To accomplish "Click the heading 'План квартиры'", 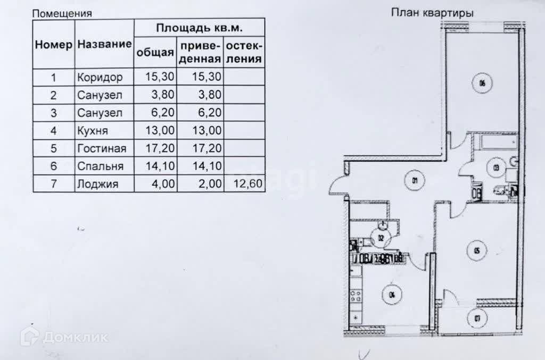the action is pyautogui.click(x=432, y=13).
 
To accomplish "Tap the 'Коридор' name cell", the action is pyautogui.click(x=100, y=77).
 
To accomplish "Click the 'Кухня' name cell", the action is pyautogui.click(x=93, y=130).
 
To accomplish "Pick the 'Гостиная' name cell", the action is pyautogui.click(x=101, y=148).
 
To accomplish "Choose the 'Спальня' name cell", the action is pyautogui.click(x=100, y=166).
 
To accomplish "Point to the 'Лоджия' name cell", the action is pyautogui.click(x=97, y=185).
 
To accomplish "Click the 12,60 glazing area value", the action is pyautogui.click(x=244, y=185).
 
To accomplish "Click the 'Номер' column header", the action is pyautogui.click(x=53, y=45).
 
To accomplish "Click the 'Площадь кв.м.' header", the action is pyautogui.click(x=200, y=28).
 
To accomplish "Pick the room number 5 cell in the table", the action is pyautogui.click(x=53, y=148).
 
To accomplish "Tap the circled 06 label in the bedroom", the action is pyautogui.click(x=482, y=83).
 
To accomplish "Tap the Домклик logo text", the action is pyautogui.click(x=75, y=337).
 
